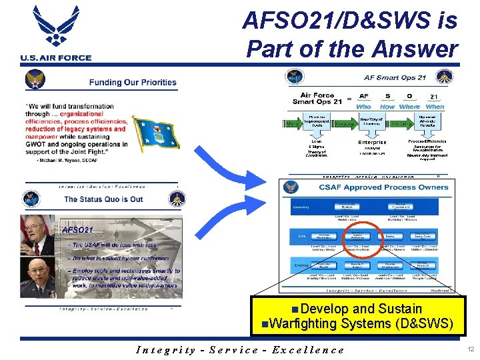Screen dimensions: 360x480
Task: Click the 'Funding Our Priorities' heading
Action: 133,83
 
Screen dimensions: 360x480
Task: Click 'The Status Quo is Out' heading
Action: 103,199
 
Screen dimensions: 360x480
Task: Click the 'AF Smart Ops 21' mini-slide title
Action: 395,78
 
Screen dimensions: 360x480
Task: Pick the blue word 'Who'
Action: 364,107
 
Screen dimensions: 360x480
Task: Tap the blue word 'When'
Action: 434,107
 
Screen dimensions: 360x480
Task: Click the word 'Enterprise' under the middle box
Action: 372,142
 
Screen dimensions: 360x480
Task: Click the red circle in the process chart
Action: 361,239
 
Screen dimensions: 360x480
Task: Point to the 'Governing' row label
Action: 301,207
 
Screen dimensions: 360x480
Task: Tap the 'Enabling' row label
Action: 300,265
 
